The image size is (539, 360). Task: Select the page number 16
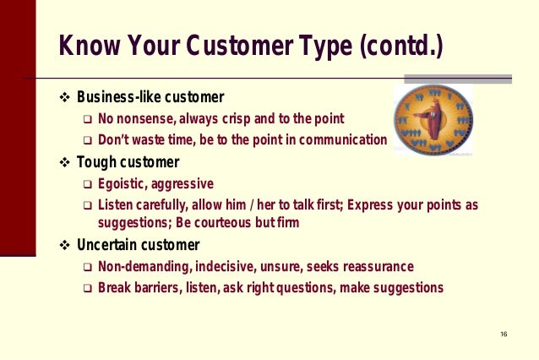point(504,335)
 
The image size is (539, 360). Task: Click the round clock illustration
point(433,119)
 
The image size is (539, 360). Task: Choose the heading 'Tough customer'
point(128,162)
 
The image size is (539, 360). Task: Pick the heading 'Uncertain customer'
point(138,246)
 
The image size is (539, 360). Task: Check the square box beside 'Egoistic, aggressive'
point(87,184)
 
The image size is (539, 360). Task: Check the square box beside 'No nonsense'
point(87,118)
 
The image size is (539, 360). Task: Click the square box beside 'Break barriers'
point(87,288)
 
